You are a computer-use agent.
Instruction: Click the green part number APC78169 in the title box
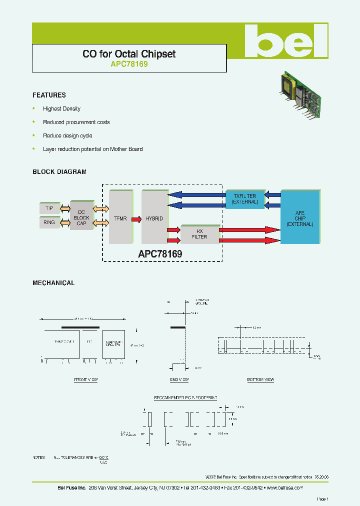point(129,64)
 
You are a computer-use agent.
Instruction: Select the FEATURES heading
point(49,95)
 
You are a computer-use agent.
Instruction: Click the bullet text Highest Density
point(61,108)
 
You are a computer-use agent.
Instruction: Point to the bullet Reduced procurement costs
point(76,122)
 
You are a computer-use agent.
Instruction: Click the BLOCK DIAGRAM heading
point(59,172)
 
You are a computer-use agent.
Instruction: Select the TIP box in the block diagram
point(49,208)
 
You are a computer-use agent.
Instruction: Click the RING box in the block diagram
point(49,223)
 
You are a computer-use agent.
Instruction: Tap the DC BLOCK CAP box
point(81,217)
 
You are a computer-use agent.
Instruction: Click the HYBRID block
point(154,218)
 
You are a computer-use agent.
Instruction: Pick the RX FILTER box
point(199,234)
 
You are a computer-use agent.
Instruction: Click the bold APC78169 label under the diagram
point(160,254)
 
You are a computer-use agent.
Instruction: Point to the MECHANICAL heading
point(53,283)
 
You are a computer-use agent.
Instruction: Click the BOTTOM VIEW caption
point(260,380)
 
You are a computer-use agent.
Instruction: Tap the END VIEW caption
point(179,380)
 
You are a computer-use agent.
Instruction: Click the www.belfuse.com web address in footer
point(284,487)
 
